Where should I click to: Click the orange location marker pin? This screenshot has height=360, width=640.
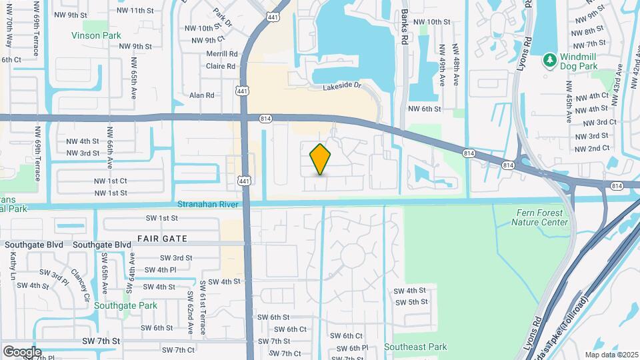tap(321, 159)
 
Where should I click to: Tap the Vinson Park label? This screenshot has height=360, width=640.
tap(96, 35)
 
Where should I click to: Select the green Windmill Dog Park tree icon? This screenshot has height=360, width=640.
tap(550, 61)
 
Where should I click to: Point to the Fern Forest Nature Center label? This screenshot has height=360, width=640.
tap(541, 217)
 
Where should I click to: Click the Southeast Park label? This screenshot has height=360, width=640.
tap(415, 347)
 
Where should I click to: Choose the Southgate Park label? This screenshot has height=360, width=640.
tap(125, 306)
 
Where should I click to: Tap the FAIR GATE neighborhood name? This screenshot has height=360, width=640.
tap(162, 238)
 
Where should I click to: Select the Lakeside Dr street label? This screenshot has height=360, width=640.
tap(341, 87)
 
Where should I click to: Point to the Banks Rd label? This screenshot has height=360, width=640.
tap(405, 27)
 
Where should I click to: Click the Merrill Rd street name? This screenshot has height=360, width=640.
tap(222, 54)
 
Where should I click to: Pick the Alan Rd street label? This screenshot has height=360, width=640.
tap(202, 95)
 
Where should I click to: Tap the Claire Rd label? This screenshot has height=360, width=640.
tap(221, 66)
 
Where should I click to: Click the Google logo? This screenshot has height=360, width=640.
tap(21, 351)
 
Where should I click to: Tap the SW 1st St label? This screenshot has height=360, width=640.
tap(162, 218)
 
